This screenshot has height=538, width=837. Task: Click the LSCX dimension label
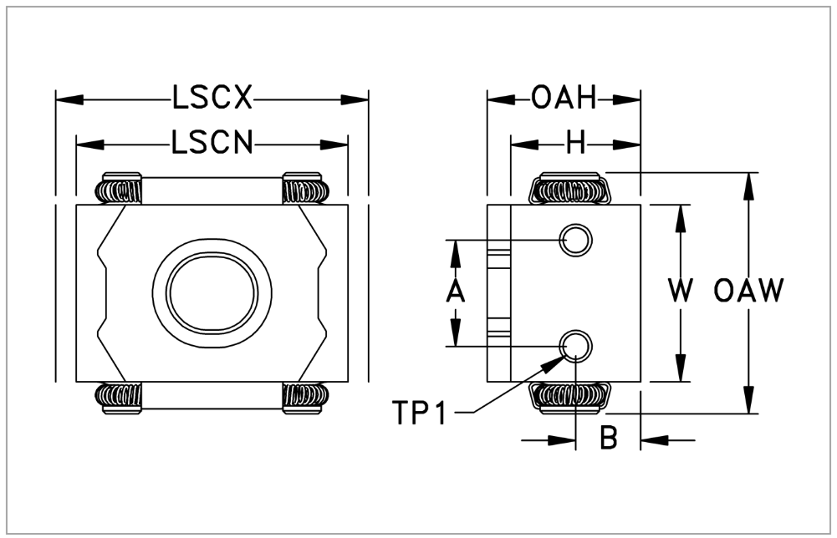click(212, 99)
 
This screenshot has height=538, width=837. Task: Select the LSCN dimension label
click(212, 144)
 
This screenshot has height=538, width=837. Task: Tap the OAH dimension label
click(564, 99)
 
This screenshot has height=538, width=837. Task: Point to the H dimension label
click(575, 144)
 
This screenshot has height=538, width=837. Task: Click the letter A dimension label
click(455, 292)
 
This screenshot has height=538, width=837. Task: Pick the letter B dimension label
click(609, 438)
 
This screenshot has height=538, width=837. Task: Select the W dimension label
click(681, 292)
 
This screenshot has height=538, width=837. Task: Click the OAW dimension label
click(749, 292)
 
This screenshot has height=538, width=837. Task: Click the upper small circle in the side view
click(575, 240)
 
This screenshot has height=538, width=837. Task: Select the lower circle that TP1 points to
click(575, 344)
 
